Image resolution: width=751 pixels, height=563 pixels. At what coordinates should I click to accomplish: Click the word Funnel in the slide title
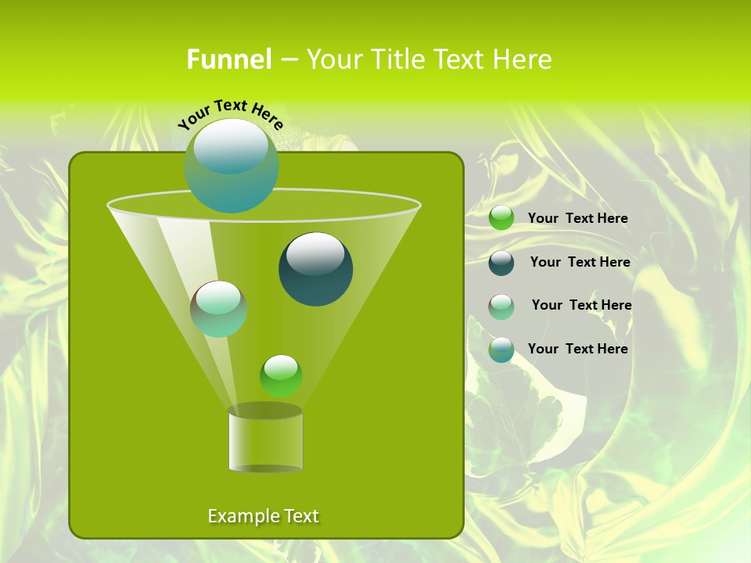click(x=228, y=59)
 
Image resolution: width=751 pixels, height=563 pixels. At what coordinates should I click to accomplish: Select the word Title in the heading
click(x=398, y=59)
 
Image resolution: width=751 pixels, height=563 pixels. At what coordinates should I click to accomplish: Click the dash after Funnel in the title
click(x=288, y=60)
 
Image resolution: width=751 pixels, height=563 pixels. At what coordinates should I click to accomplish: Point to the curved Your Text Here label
click(x=230, y=113)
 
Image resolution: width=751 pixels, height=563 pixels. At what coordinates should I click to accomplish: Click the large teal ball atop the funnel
click(x=232, y=166)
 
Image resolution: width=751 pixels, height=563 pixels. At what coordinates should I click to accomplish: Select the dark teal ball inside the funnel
click(x=315, y=269)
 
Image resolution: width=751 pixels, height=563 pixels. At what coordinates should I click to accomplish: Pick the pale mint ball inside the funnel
click(x=218, y=309)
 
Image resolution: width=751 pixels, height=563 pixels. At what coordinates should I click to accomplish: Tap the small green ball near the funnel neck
click(x=281, y=375)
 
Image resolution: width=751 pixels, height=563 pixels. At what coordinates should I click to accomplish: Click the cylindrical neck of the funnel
click(x=265, y=439)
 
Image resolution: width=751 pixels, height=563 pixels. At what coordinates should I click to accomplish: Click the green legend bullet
click(x=501, y=218)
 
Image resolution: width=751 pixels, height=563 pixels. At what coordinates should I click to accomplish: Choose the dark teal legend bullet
click(x=501, y=262)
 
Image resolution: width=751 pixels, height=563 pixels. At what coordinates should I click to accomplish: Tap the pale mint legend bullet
click(x=501, y=306)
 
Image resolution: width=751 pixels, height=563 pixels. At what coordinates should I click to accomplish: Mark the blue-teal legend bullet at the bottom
click(x=501, y=349)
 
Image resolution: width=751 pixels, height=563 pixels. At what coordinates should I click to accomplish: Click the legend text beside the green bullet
click(x=577, y=218)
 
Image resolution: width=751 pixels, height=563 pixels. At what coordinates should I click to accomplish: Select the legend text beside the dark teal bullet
click(x=580, y=262)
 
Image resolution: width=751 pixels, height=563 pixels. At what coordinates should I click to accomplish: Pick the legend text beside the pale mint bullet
click(x=581, y=305)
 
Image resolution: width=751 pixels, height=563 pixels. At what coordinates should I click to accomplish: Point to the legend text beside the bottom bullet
click(x=577, y=349)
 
